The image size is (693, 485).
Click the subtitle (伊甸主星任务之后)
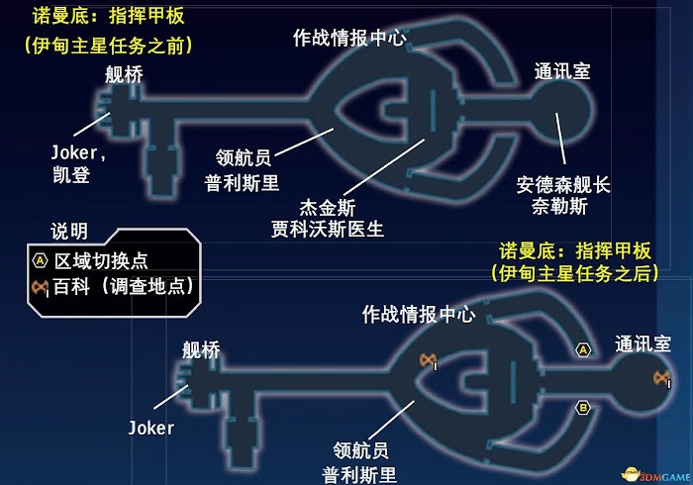(x=573, y=271)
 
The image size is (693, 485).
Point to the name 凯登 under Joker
(x=70, y=175)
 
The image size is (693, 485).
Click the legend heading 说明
(x=69, y=232)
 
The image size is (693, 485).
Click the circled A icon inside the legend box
(x=40, y=261)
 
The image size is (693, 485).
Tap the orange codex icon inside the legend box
(x=41, y=287)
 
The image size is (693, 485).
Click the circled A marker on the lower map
(x=583, y=350)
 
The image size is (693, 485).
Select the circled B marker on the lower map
(x=583, y=407)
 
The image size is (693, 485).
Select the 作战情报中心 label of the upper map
(x=349, y=39)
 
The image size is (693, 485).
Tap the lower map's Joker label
(x=150, y=429)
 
